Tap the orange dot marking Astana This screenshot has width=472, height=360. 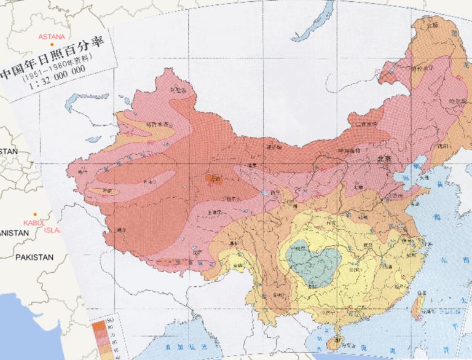coord(53,44)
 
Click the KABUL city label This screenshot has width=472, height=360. coord(31,222)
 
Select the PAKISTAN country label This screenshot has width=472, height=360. coord(35,256)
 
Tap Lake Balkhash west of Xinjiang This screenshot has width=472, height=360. coord(83,98)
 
